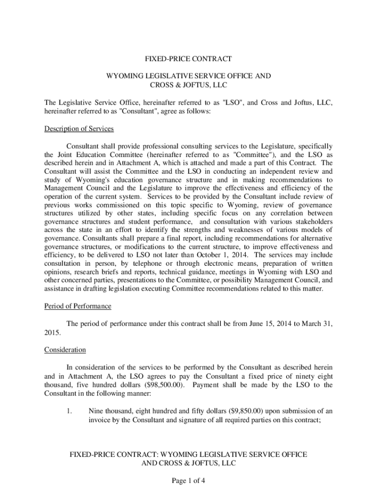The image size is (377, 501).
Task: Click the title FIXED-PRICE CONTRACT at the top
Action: pyautogui.click(x=188, y=59)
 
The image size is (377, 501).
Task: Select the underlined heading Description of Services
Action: pyautogui.click(x=79, y=129)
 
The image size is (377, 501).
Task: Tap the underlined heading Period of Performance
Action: pyautogui.click(x=78, y=306)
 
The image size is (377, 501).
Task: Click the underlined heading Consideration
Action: pyautogui.click(x=65, y=350)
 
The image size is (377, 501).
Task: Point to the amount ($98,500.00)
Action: pyautogui.click(x=165, y=385)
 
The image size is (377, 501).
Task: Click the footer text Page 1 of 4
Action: pyautogui.click(x=188, y=480)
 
